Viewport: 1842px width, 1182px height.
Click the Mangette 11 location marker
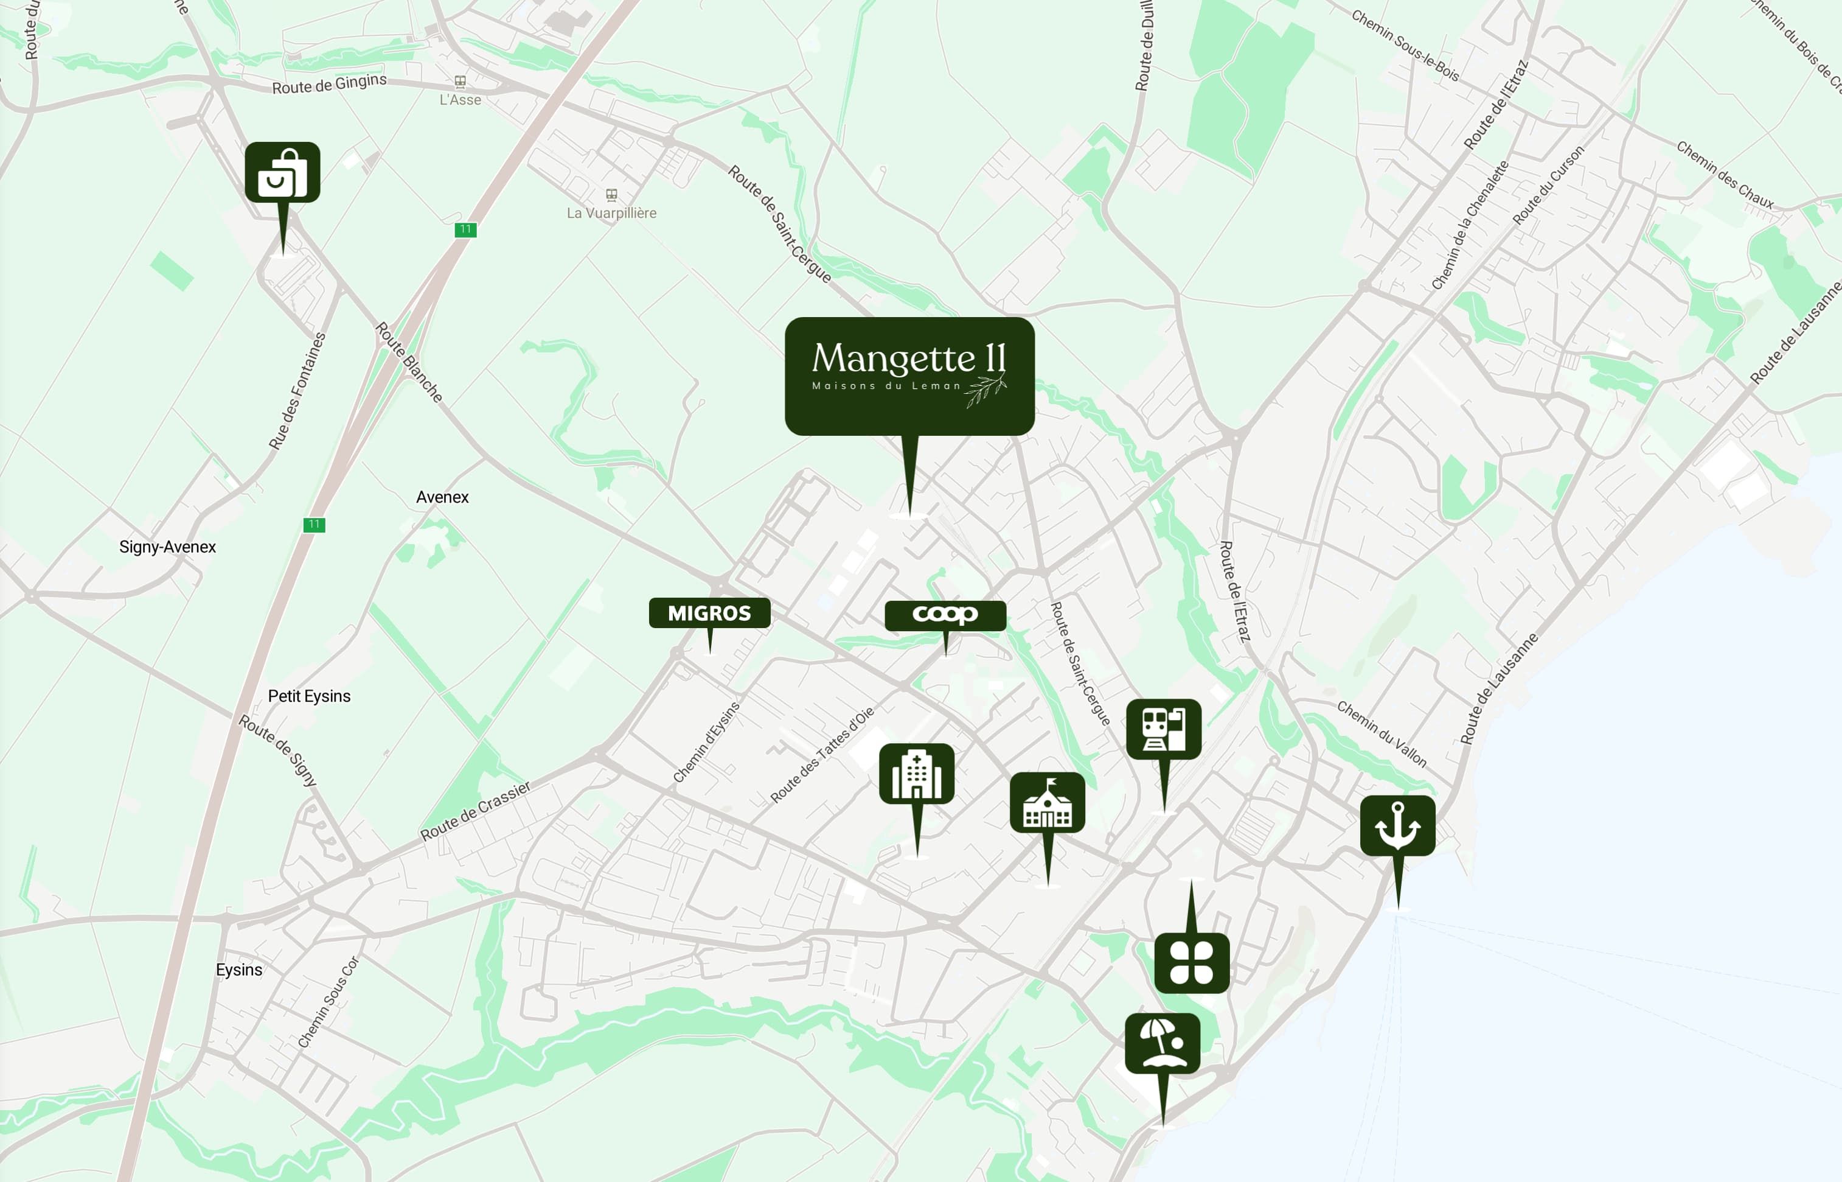pos(909,376)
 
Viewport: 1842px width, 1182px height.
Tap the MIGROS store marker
pos(710,614)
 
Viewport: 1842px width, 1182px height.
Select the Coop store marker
pos(945,615)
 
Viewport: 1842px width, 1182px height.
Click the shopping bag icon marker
pos(282,173)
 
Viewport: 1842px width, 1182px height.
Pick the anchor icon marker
pos(1397,826)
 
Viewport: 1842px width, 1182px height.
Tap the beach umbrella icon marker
pos(1163,1043)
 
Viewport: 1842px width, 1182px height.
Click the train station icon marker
pos(1164,729)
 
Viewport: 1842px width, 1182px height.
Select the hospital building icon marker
pos(917,774)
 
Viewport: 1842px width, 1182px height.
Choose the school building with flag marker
pos(1047,803)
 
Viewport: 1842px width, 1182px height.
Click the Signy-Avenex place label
pos(167,547)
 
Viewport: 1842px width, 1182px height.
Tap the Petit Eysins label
pos(309,696)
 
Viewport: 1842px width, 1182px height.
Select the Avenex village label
pos(442,497)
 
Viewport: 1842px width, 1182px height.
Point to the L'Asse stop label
pos(460,100)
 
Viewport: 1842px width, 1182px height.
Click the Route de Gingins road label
pos(329,83)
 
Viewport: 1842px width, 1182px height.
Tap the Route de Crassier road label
pos(476,811)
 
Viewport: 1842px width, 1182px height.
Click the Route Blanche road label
pos(409,362)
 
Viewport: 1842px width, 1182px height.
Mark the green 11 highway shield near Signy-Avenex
pos(314,525)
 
